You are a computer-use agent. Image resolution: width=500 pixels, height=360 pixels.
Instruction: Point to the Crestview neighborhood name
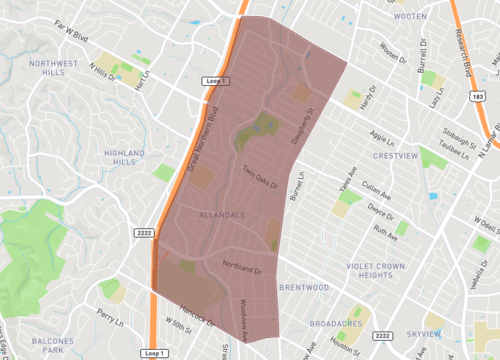(394, 157)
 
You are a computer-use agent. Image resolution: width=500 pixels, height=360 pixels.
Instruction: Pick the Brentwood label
(304, 287)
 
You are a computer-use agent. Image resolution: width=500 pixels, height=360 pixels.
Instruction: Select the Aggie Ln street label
(382, 134)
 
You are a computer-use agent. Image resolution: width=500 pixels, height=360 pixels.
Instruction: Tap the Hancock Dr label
(199, 313)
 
